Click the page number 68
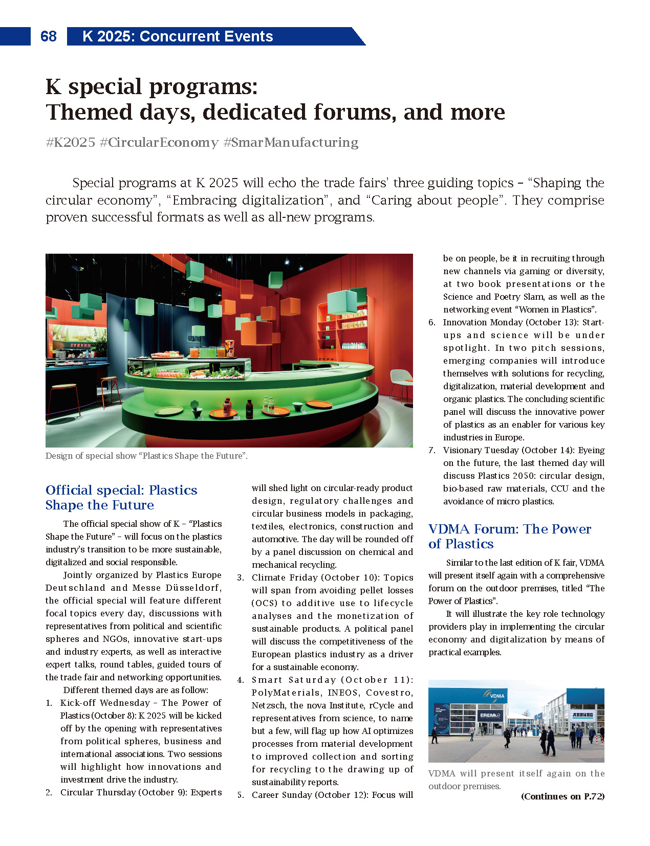[49, 36]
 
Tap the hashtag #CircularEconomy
[159, 142]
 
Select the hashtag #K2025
[71, 142]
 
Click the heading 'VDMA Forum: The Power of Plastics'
[509, 536]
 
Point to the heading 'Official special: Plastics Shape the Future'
[121, 497]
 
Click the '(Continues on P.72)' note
[562, 796]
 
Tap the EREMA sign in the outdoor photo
[489, 715]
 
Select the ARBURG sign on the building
[582, 714]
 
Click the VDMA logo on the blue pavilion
[494, 695]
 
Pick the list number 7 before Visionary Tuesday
[431, 450]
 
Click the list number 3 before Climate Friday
[240, 577]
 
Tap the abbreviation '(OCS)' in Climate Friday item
[264, 603]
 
